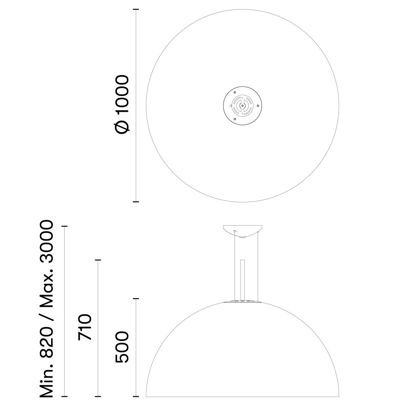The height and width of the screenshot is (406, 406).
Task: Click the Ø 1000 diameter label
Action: [122, 104]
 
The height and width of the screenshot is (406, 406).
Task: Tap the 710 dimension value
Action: [85, 327]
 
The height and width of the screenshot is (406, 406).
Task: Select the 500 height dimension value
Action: [122, 347]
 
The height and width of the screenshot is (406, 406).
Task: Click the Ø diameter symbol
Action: [122, 127]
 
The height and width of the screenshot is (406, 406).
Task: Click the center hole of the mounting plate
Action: [242, 105]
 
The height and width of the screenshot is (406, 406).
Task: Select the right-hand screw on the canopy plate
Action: [258, 106]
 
